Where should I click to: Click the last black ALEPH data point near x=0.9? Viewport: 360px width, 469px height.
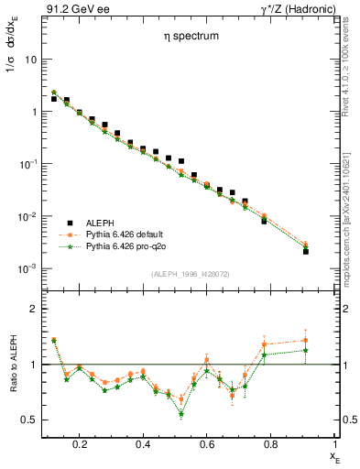(306, 251)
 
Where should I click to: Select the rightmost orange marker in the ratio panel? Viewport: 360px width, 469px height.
(306, 340)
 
